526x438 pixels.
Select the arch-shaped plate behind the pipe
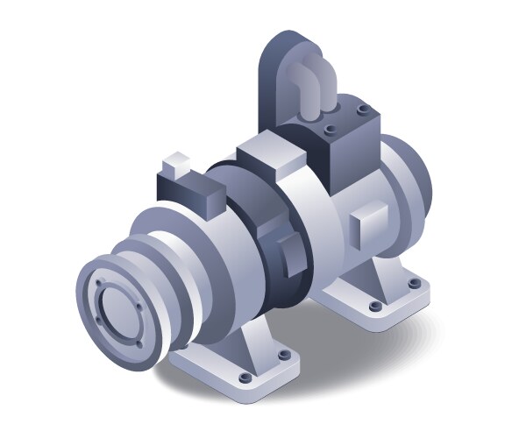point(279,70)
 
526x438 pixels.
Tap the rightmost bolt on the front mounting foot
point(284,355)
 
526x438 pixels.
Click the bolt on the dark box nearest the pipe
point(330,129)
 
